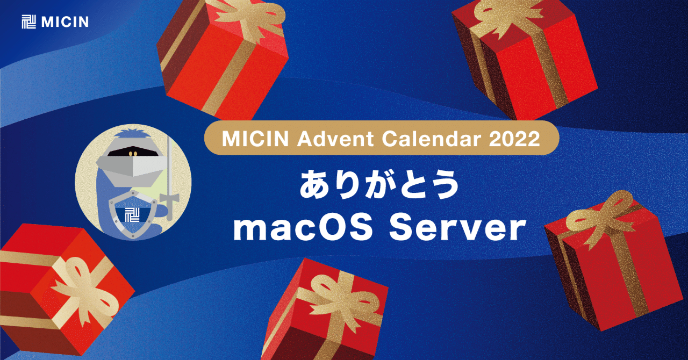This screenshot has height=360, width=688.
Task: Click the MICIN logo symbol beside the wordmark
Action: click(28, 21)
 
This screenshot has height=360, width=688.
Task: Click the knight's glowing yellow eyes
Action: click(132, 154)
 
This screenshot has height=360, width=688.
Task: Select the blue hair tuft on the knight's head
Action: click(132, 134)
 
